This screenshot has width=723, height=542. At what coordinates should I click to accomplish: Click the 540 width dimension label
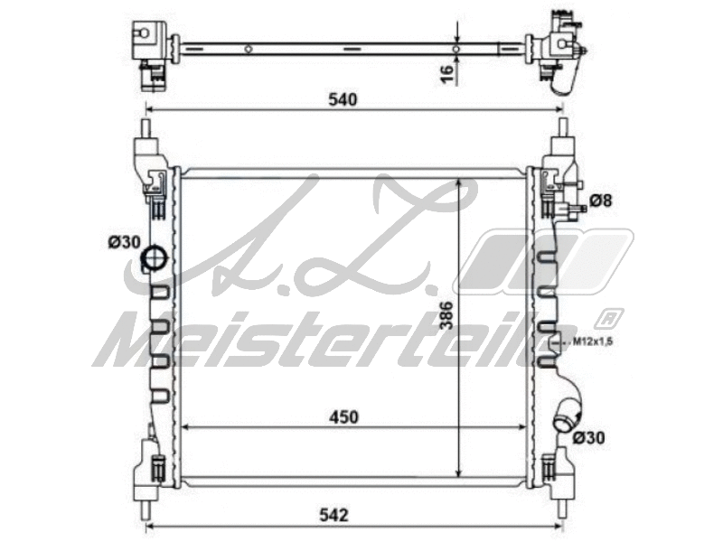click(x=344, y=99)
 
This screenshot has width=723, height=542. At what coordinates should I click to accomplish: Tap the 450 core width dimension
click(x=344, y=416)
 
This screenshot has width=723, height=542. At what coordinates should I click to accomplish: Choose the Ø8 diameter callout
click(x=601, y=200)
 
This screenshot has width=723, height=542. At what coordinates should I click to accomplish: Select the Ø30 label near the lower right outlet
click(x=589, y=438)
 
